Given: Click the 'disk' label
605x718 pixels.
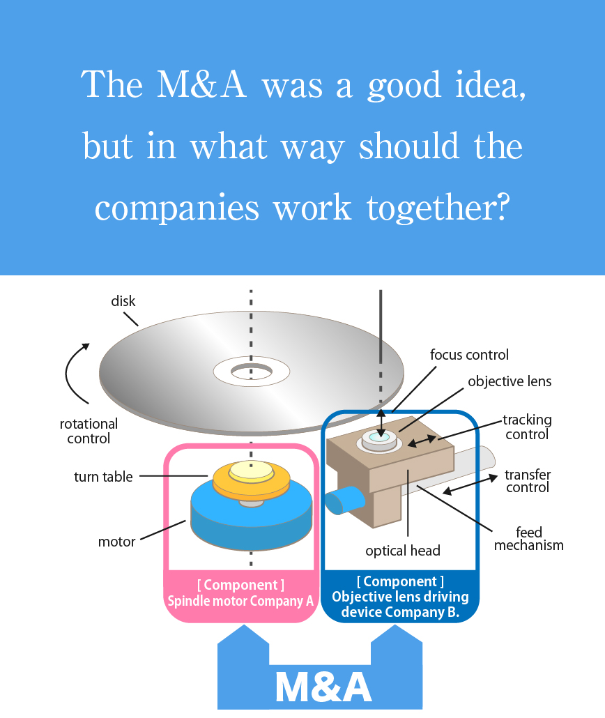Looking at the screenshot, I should click(123, 302).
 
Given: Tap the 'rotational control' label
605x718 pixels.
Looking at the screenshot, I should click(89, 431).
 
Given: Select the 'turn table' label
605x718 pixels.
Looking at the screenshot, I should click(103, 477).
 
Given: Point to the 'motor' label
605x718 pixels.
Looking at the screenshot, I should click(117, 542).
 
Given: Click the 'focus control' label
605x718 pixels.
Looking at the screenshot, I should click(469, 355).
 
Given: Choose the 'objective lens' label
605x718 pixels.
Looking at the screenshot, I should click(510, 381).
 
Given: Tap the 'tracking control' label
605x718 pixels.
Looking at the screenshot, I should click(528, 427).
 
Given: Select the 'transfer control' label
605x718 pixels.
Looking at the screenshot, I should click(528, 481).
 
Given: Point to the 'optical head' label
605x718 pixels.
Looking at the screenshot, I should click(403, 551).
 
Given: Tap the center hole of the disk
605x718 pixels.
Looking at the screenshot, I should click(252, 371).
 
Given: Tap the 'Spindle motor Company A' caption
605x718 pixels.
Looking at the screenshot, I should click(240, 600).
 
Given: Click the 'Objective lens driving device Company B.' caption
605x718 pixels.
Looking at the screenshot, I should click(399, 604).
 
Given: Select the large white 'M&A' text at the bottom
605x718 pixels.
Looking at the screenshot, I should click(323, 687).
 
